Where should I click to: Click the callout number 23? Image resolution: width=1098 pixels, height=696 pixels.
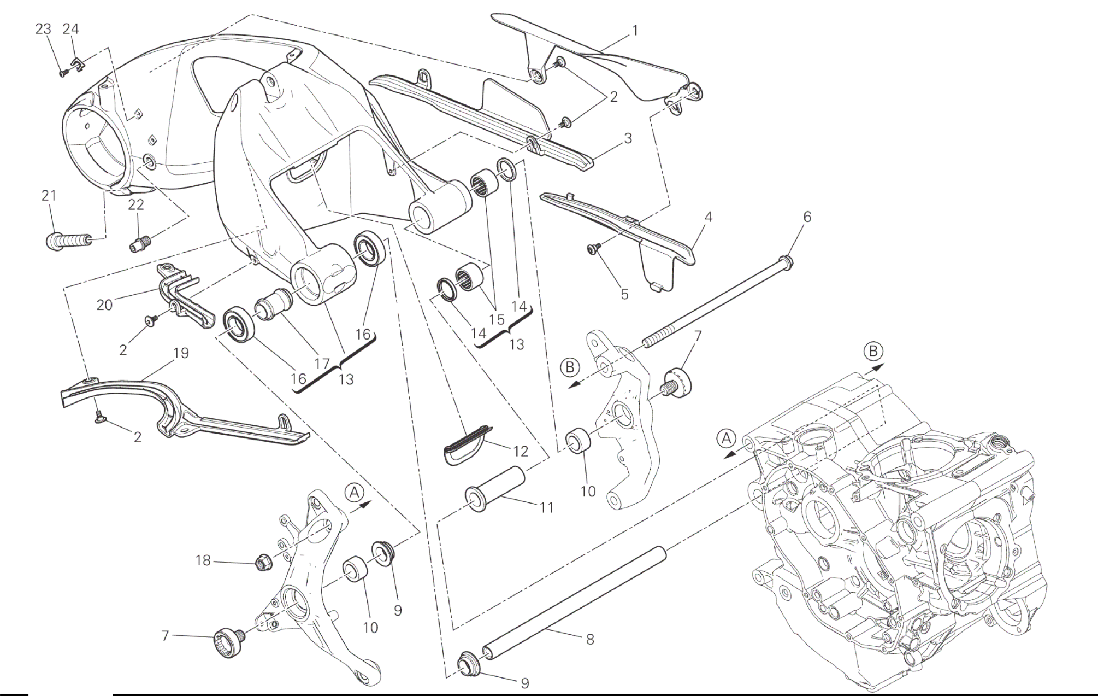[43, 29]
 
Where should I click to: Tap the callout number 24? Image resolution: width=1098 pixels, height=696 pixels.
[70, 29]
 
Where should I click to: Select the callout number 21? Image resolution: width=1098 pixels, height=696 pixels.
[49, 195]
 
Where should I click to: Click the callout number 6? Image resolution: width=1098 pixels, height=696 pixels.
[807, 217]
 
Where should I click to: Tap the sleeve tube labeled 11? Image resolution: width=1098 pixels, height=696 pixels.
[495, 489]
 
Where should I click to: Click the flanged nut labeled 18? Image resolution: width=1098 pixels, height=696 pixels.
[264, 562]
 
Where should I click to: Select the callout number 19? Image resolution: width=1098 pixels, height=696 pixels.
[181, 353]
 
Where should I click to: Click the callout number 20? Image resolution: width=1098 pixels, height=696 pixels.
[104, 305]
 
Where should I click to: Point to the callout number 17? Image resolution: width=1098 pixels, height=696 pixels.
[322, 363]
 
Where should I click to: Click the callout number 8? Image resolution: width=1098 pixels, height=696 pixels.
[590, 639]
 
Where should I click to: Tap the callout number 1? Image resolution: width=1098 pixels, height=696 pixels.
[635, 31]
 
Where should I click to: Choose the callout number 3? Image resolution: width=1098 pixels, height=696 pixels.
[628, 138]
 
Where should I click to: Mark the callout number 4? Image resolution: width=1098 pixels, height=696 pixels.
[708, 217]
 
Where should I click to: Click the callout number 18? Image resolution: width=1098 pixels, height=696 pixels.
[203, 560]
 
